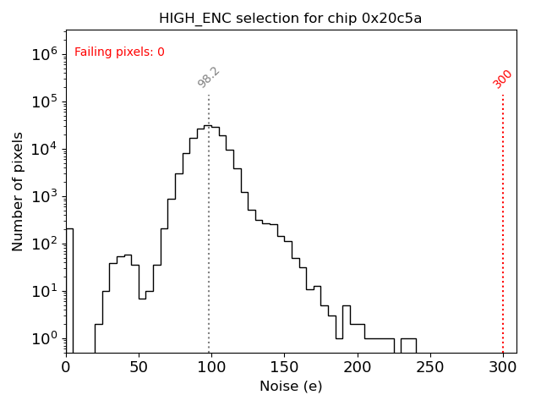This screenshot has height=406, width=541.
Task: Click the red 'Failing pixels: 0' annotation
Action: pyautogui.click(x=119, y=52)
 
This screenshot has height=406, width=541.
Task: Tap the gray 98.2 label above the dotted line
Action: pyautogui.click(x=209, y=77)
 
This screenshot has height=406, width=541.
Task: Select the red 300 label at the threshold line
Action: pyautogui.click(x=503, y=79)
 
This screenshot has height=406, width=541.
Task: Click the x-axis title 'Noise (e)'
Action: pyautogui.click(x=291, y=387)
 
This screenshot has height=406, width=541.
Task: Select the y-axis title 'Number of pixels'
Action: pyautogui.click(x=19, y=191)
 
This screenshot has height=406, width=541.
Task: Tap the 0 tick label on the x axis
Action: pyautogui.click(x=66, y=368)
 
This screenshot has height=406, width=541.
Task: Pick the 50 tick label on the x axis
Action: pyautogui.click(x=139, y=368)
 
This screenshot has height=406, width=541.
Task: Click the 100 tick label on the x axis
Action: pyautogui.click(x=211, y=368)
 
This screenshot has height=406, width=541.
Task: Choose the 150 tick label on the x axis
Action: pyautogui.click(x=284, y=368)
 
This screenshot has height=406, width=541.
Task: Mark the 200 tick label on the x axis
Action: pyautogui.click(x=358, y=368)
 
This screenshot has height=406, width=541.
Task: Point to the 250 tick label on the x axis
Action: pyautogui.click(x=430, y=368)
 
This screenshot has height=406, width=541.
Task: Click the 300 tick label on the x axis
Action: pyautogui.click(x=503, y=368)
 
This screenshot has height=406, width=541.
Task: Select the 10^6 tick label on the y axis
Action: pyautogui.click(x=44, y=55)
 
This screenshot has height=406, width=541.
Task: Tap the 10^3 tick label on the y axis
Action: pyautogui.click(x=44, y=196)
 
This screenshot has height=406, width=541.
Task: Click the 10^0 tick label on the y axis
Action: pyautogui.click(x=44, y=338)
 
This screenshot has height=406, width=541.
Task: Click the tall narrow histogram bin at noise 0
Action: pyautogui.click(x=69, y=288)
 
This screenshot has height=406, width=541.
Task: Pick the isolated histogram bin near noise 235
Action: pyautogui.click(x=408, y=345)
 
